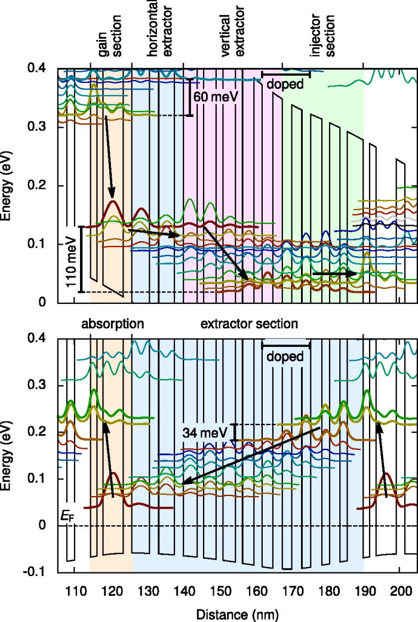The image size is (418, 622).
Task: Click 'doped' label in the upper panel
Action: [285, 84]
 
